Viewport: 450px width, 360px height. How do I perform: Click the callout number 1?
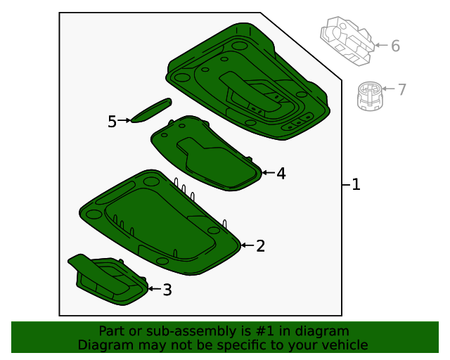(x=356, y=184)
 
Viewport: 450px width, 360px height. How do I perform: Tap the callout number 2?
(x=260, y=246)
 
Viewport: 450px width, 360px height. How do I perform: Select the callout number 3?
(x=167, y=290)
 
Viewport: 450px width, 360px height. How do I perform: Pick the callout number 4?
(x=281, y=174)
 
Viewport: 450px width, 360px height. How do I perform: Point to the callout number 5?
(x=112, y=122)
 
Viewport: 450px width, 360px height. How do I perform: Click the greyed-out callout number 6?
(x=395, y=46)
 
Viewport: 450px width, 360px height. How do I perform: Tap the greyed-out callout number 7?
(x=402, y=89)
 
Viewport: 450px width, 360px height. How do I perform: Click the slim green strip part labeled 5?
(x=151, y=110)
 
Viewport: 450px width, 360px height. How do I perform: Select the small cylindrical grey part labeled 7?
(x=370, y=96)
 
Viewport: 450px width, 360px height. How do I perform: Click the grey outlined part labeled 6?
(x=347, y=41)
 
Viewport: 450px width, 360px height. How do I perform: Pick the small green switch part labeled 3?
(x=108, y=280)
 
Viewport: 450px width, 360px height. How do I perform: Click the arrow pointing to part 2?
(x=247, y=245)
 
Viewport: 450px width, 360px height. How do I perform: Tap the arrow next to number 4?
(x=269, y=172)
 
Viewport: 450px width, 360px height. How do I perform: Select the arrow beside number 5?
(x=124, y=120)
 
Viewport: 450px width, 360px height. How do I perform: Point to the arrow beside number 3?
(x=155, y=288)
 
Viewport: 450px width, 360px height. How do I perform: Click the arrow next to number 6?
(x=382, y=45)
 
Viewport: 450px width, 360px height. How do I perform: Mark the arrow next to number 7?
(x=389, y=89)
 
